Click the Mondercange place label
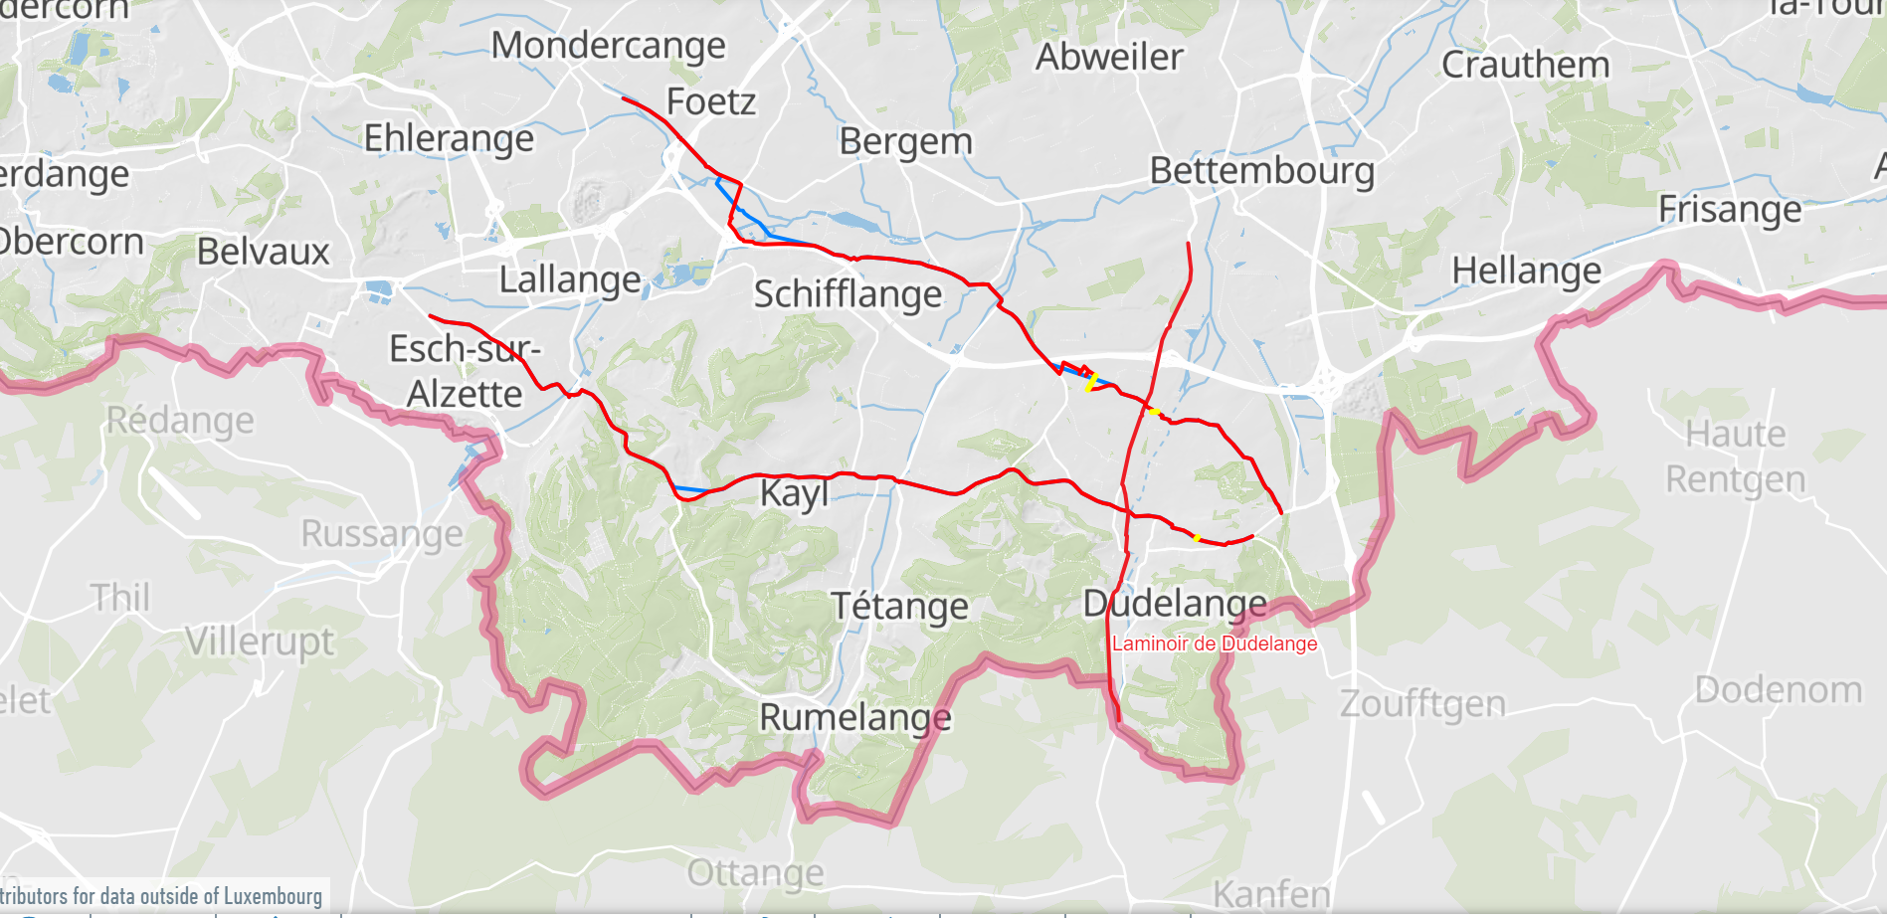(x=608, y=46)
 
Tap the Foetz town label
(x=710, y=101)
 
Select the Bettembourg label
(x=1261, y=171)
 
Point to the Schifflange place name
(x=848, y=294)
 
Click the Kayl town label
(x=794, y=493)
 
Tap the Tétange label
(x=899, y=606)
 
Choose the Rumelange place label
(x=854, y=717)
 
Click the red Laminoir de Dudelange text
(x=1214, y=643)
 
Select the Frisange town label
(x=1729, y=210)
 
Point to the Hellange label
(x=1526, y=271)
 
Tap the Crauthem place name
(x=1525, y=66)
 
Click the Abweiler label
(x=1109, y=58)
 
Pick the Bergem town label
(x=905, y=141)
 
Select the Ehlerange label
(x=449, y=138)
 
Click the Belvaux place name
(x=263, y=252)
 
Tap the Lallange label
(x=570, y=280)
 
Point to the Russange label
(x=382, y=534)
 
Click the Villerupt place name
(x=260, y=642)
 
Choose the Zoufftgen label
(x=1422, y=704)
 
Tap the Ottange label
(x=755, y=873)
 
